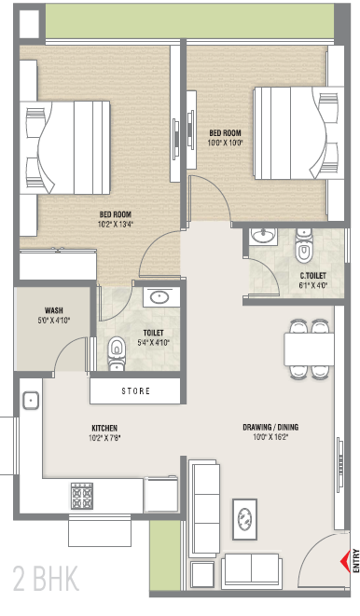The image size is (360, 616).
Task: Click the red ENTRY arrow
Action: tap(345, 561)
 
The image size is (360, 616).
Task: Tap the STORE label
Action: tap(135, 390)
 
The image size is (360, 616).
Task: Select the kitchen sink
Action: tap(30, 401)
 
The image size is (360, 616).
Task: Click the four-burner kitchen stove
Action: tap(82, 496)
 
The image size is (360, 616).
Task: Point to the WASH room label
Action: tap(53, 310)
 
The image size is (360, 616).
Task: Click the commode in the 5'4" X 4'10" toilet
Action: tap(117, 352)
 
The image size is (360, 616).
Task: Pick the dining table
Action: tap(309, 349)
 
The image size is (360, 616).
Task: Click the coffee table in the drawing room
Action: tap(245, 519)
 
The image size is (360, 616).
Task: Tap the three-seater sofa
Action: tap(204, 508)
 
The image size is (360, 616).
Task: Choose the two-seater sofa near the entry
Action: tap(252, 571)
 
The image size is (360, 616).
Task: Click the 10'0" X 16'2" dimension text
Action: tap(270, 437)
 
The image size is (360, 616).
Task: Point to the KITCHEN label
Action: tap(104, 428)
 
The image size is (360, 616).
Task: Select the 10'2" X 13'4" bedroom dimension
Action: tap(116, 225)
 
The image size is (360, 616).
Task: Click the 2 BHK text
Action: tap(46, 578)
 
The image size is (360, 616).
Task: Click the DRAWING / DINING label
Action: tap(270, 427)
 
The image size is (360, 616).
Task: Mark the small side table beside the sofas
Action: tap(202, 574)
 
